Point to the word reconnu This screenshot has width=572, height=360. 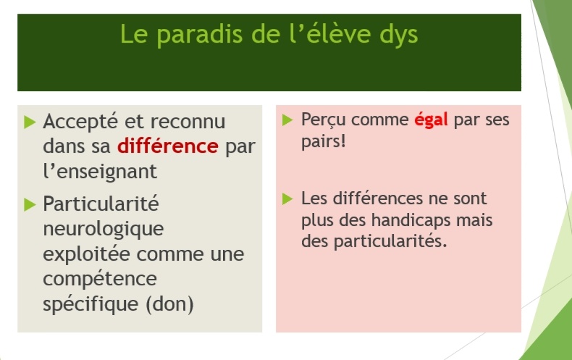(x=188, y=122)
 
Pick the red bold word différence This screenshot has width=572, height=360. (x=168, y=146)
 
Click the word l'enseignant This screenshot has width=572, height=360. (x=100, y=171)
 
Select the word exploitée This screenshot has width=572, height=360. (x=86, y=254)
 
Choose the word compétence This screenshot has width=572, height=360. (x=100, y=280)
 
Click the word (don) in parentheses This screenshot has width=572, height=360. (x=169, y=304)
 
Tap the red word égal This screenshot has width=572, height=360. (x=431, y=120)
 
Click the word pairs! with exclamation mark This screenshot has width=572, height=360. (x=323, y=141)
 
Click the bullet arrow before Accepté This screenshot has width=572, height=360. (x=30, y=122)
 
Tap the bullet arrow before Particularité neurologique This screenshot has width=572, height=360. (x=30, y=204)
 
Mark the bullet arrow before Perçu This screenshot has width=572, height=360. (x=288, y=120)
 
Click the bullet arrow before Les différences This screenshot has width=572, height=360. (x=288, y=199)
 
